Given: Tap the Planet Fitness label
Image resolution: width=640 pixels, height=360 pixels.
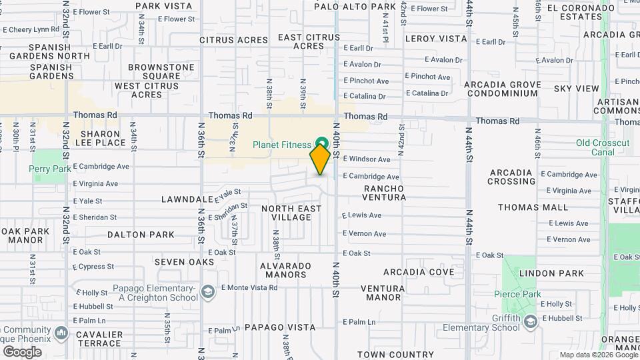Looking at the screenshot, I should click(x=281, y=145).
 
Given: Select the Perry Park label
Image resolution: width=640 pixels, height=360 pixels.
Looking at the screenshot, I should click(x=50, y=169).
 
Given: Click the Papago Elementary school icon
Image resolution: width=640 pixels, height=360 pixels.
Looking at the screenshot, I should click(x=208, y=292).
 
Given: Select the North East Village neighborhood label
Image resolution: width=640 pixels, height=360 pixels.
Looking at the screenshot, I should click(x=291, y=213).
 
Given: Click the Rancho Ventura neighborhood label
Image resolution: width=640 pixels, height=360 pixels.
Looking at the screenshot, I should click(x=384, y=193).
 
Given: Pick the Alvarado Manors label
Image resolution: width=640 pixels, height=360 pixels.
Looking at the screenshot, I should click(x=285, y=270).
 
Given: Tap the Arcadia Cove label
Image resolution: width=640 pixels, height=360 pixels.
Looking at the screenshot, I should click(x=418, y=272).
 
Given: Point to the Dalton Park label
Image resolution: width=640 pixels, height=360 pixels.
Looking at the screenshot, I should click(x=141, y=235).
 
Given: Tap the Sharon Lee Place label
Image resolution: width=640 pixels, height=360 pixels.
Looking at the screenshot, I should click(x=99, y=138).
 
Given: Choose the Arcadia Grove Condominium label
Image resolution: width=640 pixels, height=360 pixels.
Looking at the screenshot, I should click(x=502, y=89).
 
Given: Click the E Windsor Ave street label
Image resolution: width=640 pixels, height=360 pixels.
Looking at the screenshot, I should click(x=366, y=159).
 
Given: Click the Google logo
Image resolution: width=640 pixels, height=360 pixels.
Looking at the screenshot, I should click(x=21, y=351).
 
